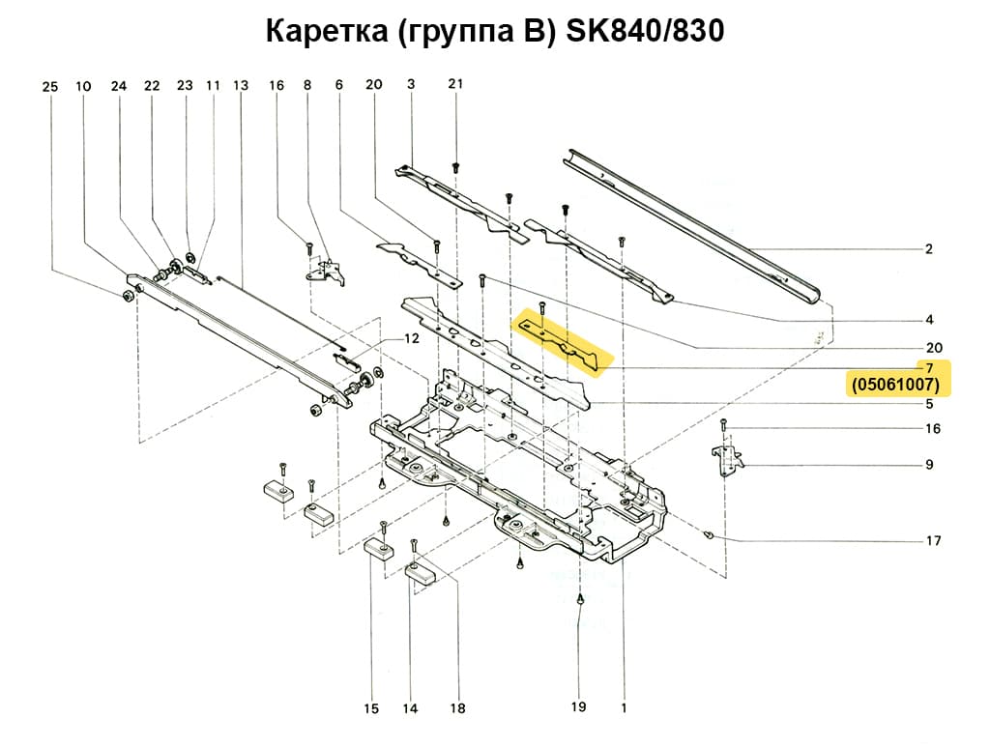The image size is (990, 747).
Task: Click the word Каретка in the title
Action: click(324, 32)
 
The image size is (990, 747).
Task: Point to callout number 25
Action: click(50, 87)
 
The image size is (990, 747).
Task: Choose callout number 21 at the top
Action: click(455, 84)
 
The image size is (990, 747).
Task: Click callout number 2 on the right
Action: click(928, 249)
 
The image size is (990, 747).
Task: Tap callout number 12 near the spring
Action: click(412, 339)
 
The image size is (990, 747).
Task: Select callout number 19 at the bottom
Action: click(578, 707)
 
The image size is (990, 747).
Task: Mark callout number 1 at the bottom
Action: click(624, 707)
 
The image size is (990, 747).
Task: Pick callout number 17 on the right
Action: click(933, 541)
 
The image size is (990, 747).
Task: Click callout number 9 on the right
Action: click(928, 465)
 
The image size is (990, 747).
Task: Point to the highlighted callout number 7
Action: click(928, 368)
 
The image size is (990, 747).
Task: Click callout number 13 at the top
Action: click(241, 86)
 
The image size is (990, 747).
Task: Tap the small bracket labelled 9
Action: click(726, 458)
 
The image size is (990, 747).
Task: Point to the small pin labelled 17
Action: click(711, 533)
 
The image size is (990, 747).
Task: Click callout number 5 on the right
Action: click(928, 403)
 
